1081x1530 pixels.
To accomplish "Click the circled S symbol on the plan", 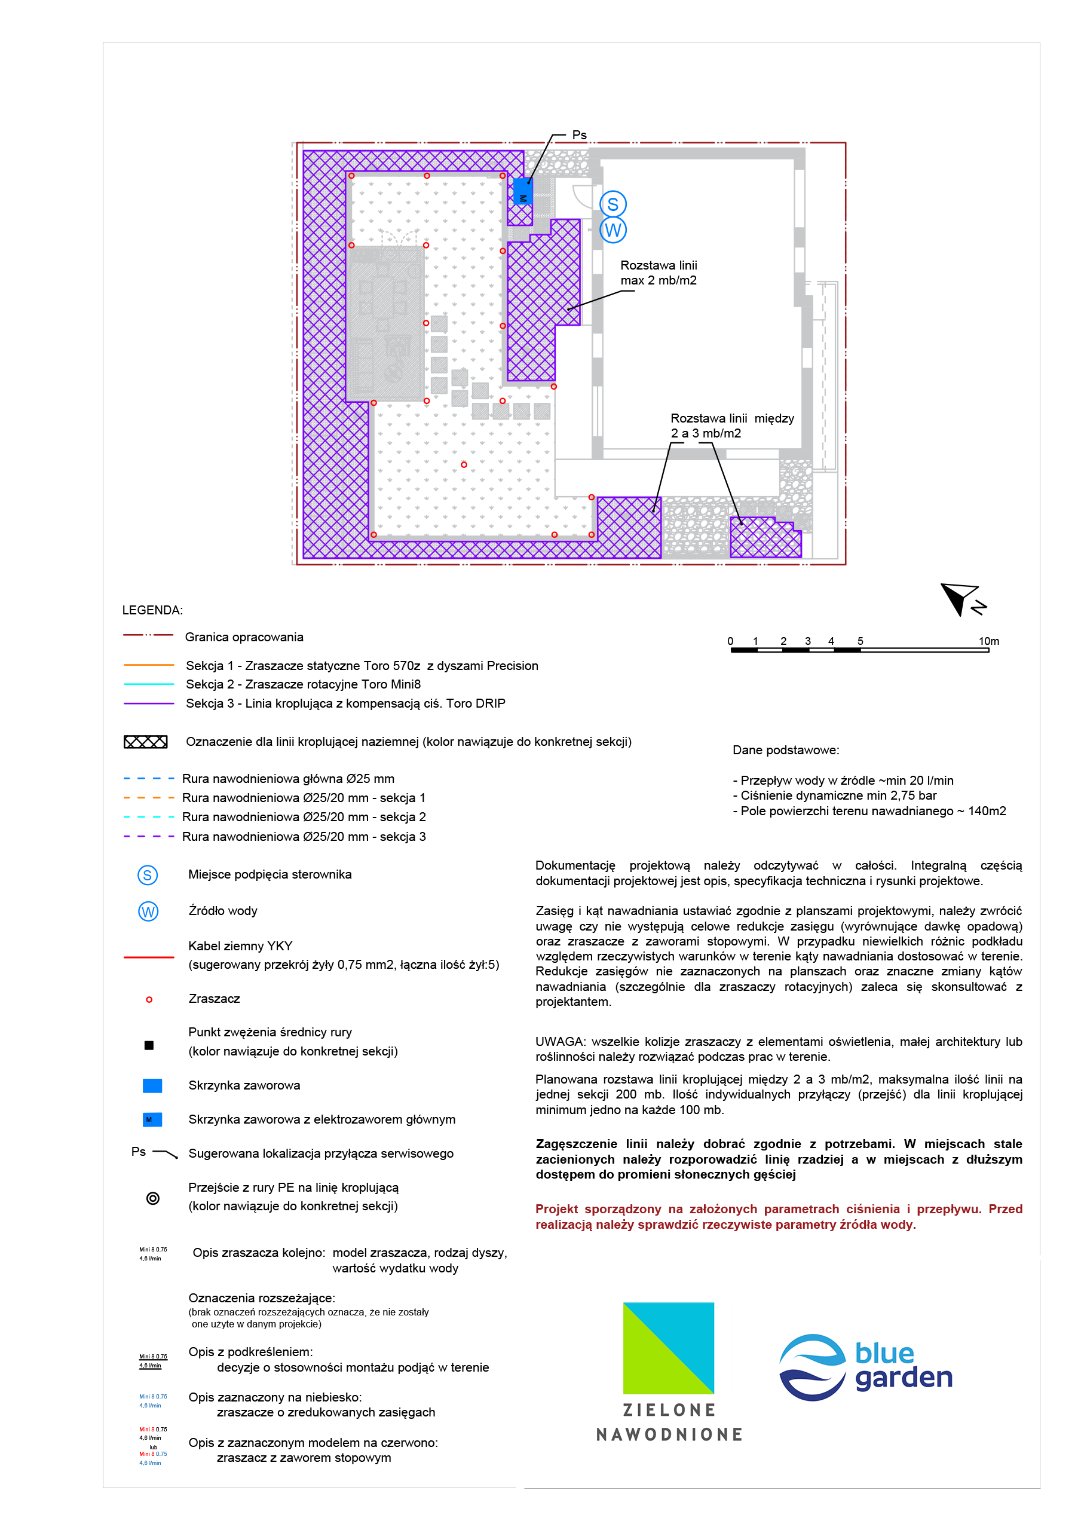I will click(613, 204).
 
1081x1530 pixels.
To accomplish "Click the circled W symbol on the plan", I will click(613, 230).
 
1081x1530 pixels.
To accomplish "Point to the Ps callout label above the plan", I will click(579, 135).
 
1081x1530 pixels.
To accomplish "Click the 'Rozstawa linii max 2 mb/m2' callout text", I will click(659, 273).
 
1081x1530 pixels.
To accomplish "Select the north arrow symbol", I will click(961, 599).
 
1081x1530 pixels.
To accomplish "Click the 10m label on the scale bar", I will click(988, 641).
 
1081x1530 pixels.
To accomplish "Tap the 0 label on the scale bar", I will click(730, 641).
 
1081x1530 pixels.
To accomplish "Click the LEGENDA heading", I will click(152, 610).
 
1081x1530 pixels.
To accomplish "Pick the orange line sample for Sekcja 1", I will click(149, 665).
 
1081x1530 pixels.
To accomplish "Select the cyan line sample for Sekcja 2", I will click(149, 684).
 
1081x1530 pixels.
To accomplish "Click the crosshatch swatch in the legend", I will click(145, 742).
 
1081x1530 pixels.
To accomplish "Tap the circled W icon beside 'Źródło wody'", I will click(148, 911).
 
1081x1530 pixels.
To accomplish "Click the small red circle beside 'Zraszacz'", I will click(149, 999).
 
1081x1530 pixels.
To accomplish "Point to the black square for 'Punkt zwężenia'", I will click(149, 1045).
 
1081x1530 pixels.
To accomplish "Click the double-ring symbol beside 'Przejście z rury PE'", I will click(152, 1198).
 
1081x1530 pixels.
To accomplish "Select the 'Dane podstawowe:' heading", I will click(786, 750).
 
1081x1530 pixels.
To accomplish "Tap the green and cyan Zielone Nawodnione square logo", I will click(669, 1348).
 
